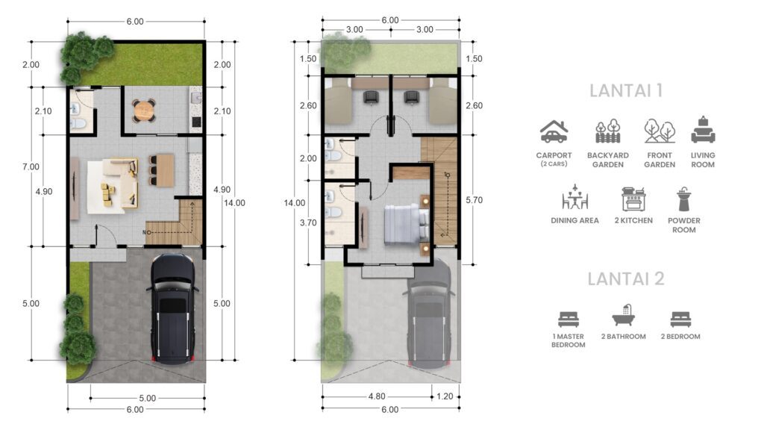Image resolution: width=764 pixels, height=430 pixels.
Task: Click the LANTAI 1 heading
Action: pyautogui.click(x=626, y=90)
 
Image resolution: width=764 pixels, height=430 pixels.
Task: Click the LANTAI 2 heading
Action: pyautogui.click(x=626, y=279)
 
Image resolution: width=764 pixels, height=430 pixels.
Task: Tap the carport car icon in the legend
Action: pyautogui.click(x=554, y=132)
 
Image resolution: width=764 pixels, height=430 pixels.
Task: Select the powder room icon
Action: pyautogui.click(x=683, y=199)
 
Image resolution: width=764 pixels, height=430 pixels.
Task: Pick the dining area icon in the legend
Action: pyautogui.click(x=575, y=197)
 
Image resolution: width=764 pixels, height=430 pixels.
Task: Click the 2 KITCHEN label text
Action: pyautogui.click(x=633, y=220)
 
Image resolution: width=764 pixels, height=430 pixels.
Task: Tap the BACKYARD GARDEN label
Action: pyautogui.click(x=607, y=160)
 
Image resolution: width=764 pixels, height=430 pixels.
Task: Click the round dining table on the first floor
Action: pyautogui.click(x=144, y=110)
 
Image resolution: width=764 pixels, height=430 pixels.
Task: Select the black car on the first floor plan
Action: pyautogui.click(x=172, y=308)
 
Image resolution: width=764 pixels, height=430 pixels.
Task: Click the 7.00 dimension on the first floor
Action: pyautogui.click(x=31, y=166)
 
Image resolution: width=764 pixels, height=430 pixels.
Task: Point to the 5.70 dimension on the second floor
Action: pyautogui.click(x=474, y=200)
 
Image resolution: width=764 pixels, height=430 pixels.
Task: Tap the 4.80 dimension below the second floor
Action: pyautogui.click(x=377, y=396)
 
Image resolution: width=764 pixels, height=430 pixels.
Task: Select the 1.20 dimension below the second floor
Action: pyautogui.click(x=445, y=396)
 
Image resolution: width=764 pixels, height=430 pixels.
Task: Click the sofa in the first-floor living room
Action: pyautogui.click(x=123, y=183)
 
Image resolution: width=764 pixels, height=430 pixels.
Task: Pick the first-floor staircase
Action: pyautogui.click(x=178, y=222)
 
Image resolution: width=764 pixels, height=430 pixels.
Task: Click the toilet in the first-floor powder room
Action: pyautogui.click(x=78, y=124)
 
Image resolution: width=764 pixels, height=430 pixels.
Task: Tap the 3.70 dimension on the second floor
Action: pyautogui.click(x=308, y=222)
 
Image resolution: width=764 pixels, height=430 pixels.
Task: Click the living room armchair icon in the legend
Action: pyautogui.click(x=703, y=130)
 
